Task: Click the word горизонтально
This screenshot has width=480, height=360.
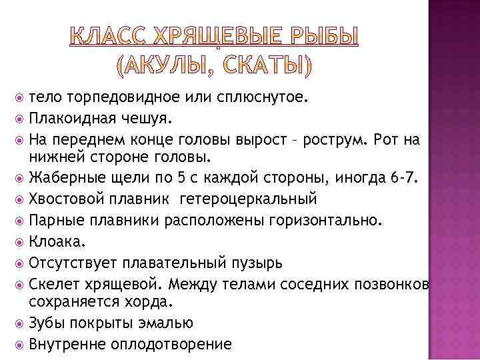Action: point(323,219)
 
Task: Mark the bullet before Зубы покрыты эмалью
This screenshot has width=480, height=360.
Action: point(20,323)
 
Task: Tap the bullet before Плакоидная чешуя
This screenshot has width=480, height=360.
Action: point(20,119)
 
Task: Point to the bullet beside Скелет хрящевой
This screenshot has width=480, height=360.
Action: point(20,284)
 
